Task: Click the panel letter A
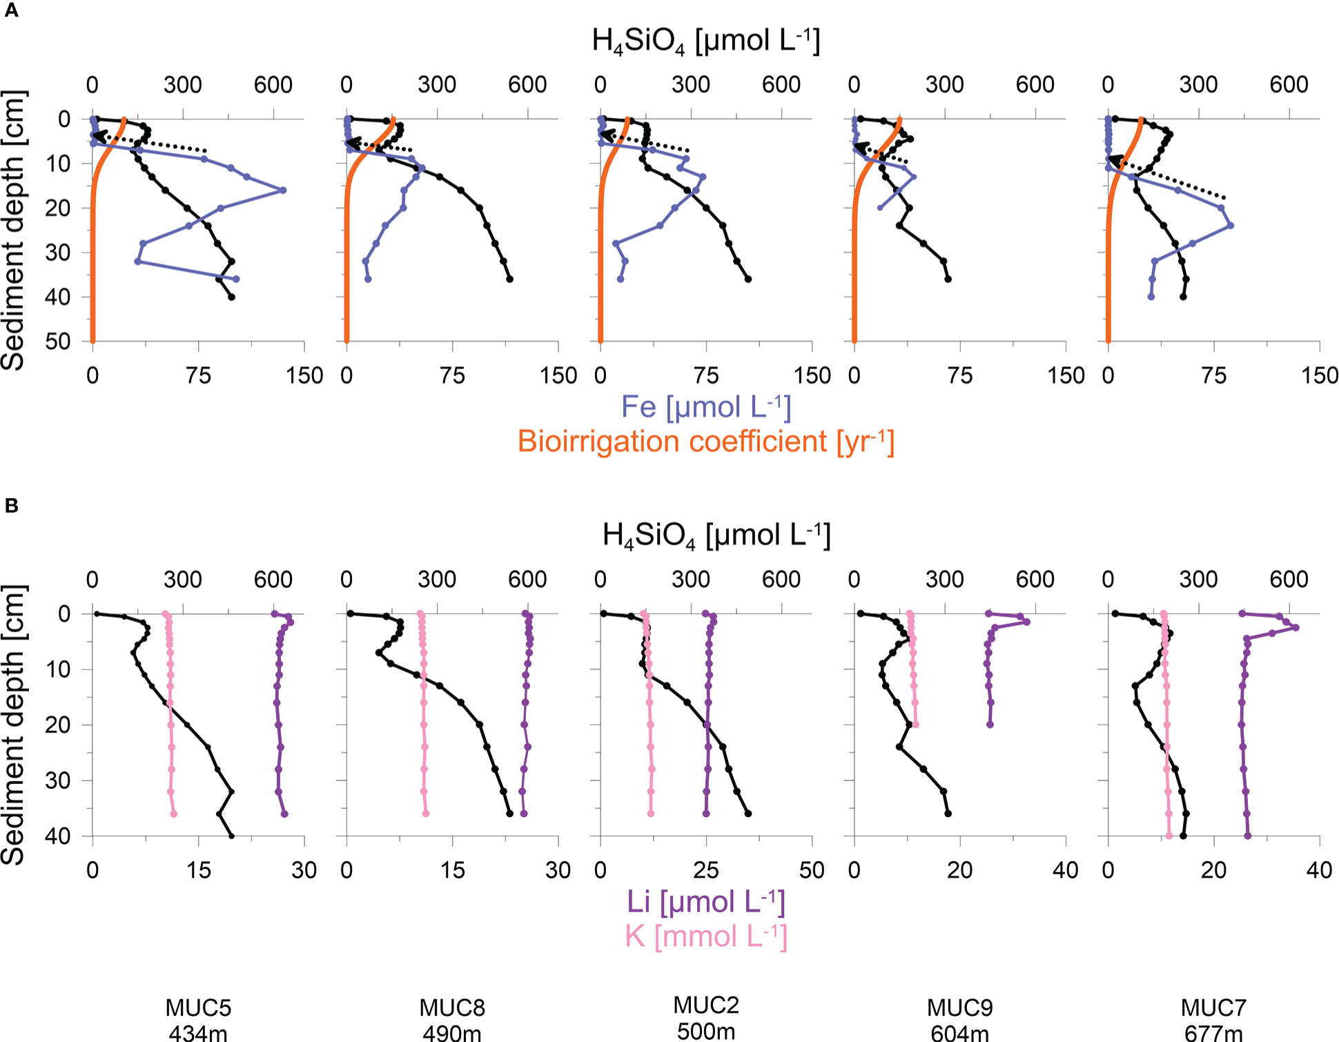(11, 11)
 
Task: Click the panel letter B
(11, 506)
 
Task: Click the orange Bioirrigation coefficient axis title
(705, 442)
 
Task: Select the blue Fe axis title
(705, 407)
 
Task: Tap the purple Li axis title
(705, 902)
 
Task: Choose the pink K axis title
(705, 936)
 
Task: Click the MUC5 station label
(198, 1008)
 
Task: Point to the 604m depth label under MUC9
(959, 1033)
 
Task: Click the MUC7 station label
(1213, 1008)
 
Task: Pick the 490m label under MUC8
(452, 1033)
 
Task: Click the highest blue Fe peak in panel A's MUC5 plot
(283, 190)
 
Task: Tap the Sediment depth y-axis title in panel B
(14, 725)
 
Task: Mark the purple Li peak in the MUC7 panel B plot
(1296, 627)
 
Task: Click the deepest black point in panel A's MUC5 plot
(231, 297)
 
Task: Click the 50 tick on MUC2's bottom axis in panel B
(812, 870)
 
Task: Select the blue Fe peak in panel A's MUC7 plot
(1230, 226)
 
